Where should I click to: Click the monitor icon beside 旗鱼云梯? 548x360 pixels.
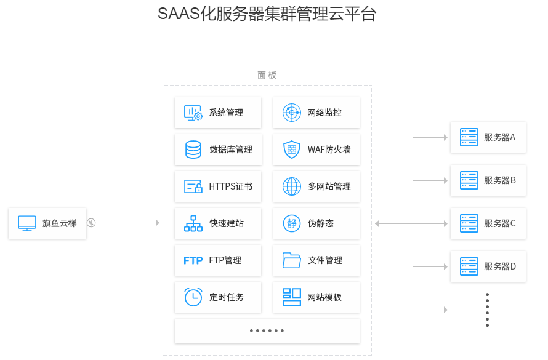tap(27, 223)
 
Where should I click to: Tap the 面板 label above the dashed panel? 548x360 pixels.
tap(267, 75)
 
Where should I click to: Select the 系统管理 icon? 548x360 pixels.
tap(193, 113)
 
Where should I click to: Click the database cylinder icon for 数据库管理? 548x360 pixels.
tap(193, 150)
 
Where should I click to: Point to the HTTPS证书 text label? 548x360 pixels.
tap(230, 186)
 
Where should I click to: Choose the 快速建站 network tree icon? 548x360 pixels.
tap(193, 223)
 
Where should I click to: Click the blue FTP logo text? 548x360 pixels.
tap(193, 260)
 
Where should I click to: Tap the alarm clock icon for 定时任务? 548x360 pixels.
tap(193, 297)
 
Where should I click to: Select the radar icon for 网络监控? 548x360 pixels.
tap(291, 113)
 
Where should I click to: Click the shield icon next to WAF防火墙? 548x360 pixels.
tap(291, 150)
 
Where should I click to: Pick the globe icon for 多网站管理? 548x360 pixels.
tap(291, 186)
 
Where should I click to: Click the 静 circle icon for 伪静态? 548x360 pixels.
tap(291, 223)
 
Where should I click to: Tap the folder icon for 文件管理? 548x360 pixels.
tap(291, 260)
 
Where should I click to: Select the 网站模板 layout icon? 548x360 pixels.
tap(291, 297)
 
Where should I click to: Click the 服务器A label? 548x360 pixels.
tap(499, 137)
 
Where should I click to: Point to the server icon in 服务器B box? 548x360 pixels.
tap(469, 180)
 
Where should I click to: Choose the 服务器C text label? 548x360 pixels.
tap(499, 223)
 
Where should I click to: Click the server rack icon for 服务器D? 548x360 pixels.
tap(469, 266)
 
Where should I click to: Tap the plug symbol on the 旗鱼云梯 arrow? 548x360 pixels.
tap(91, 223)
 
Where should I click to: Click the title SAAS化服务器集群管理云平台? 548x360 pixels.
tap(267, 14)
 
